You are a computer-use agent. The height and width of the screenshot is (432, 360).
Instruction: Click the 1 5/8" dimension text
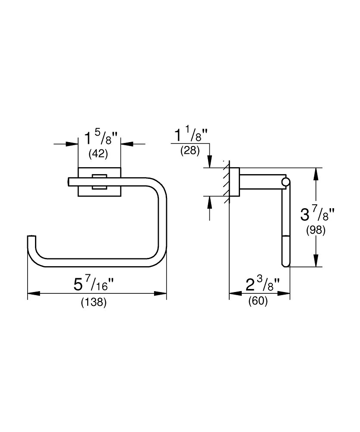click(99, 139)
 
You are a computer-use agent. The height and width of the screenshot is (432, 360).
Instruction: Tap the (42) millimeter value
click(98, 153)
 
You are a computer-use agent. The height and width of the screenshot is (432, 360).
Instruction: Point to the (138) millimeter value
click(94, 302)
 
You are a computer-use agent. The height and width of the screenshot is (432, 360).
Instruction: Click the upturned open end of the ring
click(31, 240)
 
